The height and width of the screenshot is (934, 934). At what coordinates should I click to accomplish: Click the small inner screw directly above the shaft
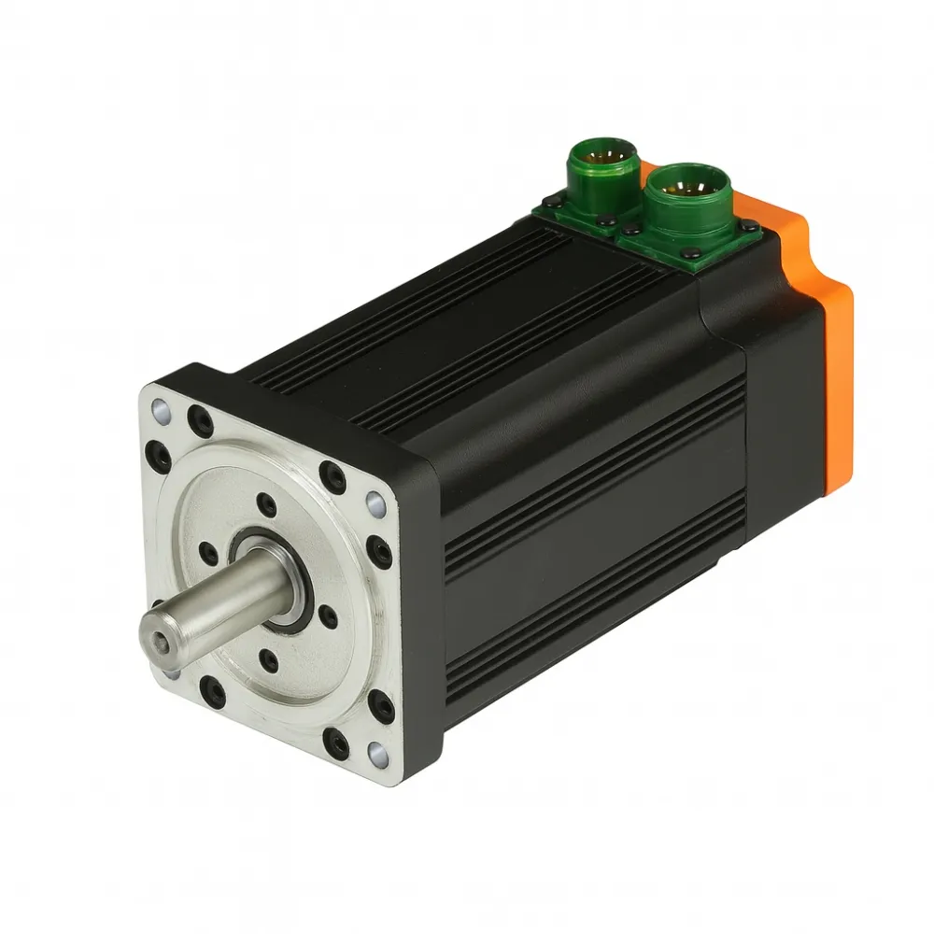(267, 505)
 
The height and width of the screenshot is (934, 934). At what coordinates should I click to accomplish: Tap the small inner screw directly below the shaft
(269, 661)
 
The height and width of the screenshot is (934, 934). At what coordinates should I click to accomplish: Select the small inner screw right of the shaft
(327, 615)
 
